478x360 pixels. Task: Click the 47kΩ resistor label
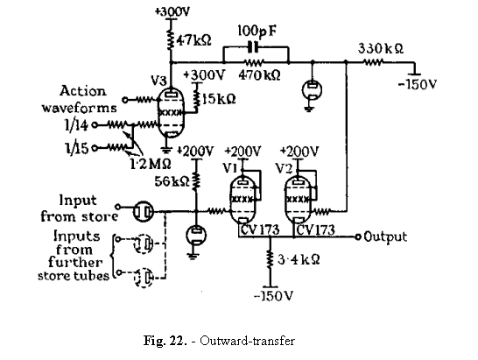[193, 40]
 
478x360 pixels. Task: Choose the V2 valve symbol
[299, 201]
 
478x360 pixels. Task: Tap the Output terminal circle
[357, 237]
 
